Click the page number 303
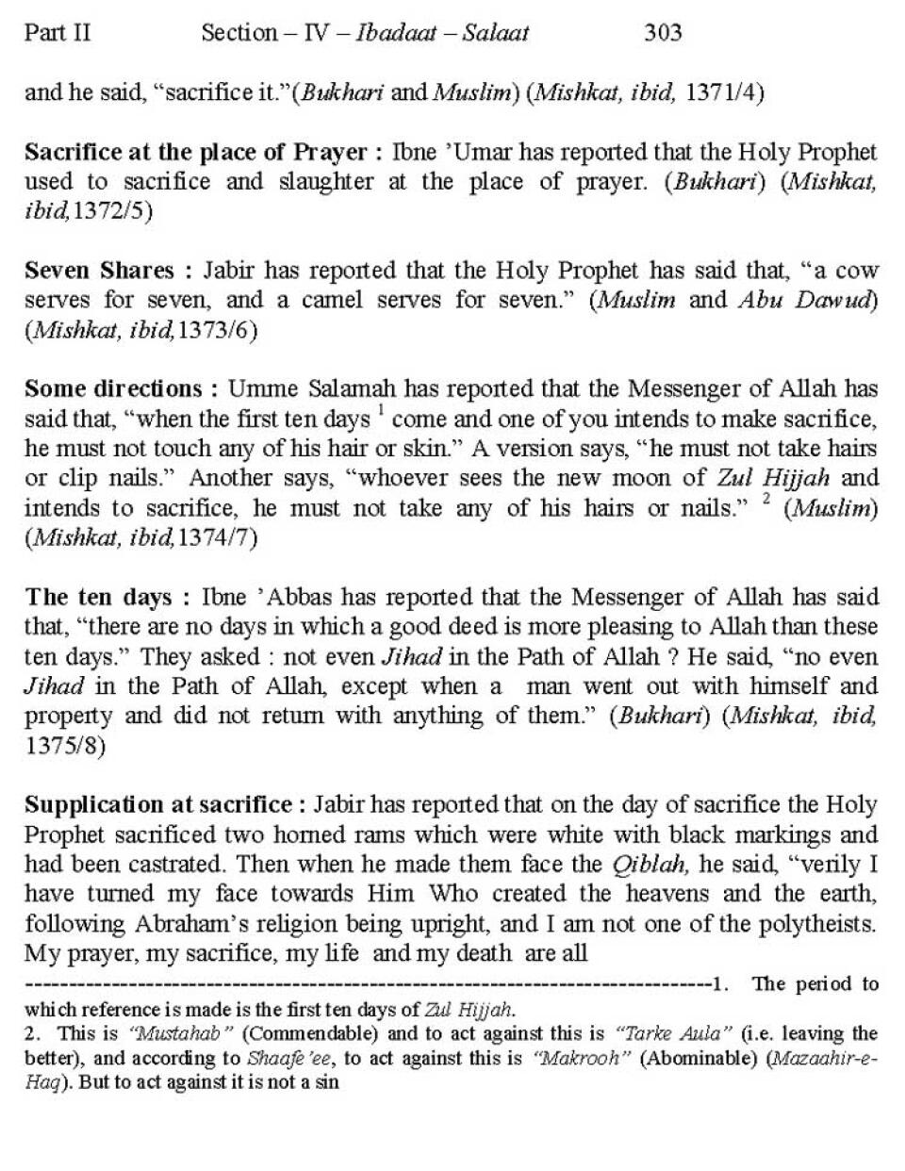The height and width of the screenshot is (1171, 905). tap(663, 34)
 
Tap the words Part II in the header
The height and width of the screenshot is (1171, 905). tap(58, 34)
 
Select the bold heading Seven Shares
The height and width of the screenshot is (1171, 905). tap(99, 271)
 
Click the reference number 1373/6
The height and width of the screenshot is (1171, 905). tap(217, 330)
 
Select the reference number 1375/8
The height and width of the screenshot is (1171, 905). tap(65, 746)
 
